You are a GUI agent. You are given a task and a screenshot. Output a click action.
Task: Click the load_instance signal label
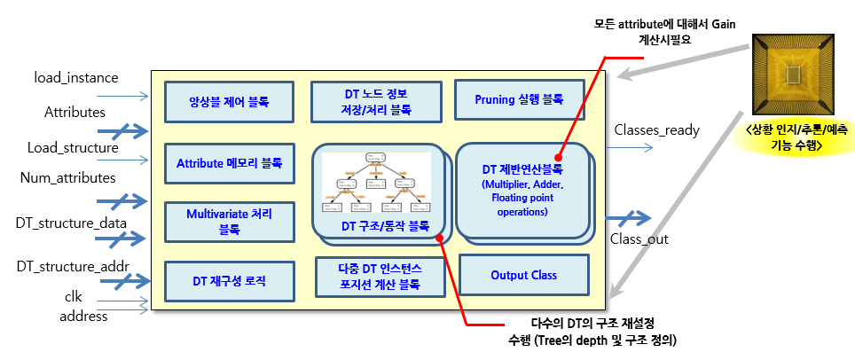[76, 78]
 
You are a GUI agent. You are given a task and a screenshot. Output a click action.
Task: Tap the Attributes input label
[75, 113]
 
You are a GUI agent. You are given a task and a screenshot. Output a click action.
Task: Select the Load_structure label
[73, 147]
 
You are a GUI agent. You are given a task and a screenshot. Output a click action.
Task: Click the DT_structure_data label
[70, 222]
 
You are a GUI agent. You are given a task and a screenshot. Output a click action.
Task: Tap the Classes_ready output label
[656, 130]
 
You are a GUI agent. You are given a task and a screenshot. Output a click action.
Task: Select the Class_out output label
[639, 239]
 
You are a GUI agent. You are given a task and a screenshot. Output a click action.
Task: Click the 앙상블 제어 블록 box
[229, 101]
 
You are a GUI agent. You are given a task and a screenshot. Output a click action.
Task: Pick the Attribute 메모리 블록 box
[229, 163]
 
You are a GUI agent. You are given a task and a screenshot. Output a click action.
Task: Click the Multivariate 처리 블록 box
[229, 221]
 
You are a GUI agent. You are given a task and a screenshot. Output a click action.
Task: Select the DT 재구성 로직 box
[229, 281]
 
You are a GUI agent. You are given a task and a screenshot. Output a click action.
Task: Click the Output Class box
[523, 275]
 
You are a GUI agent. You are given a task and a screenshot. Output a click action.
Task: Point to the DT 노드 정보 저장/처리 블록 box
[377, 101]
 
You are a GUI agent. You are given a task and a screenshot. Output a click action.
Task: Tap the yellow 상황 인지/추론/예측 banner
[792, 140]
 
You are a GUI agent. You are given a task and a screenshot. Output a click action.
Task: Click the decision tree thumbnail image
[376, 184]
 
